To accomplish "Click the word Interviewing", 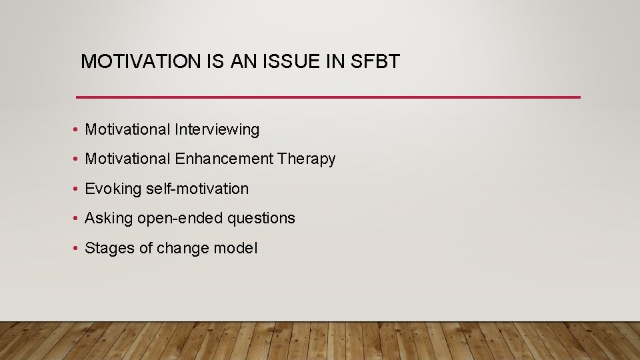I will tap(217, 129).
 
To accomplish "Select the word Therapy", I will tap(307, 159).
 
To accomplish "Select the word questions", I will tap(261, 218).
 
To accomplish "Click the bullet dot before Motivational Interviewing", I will tap(77, 130).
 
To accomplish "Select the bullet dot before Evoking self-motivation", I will tap(77, 189).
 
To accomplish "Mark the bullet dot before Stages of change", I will tap(77, 249).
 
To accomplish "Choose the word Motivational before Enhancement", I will tap(128, 159).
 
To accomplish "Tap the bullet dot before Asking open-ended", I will tap(77, 219).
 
